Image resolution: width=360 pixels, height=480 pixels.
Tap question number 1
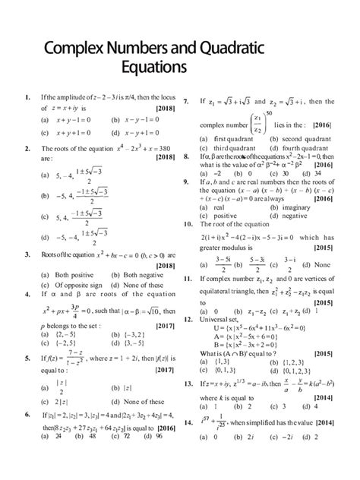(x=27, y=99)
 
